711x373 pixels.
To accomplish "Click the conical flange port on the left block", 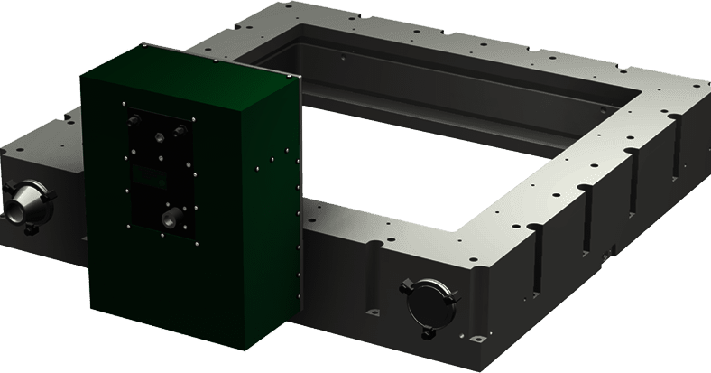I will pos(23,200).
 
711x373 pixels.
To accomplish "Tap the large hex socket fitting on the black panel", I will pos(169,217).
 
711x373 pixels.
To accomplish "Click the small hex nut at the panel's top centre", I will pos(160,135).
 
